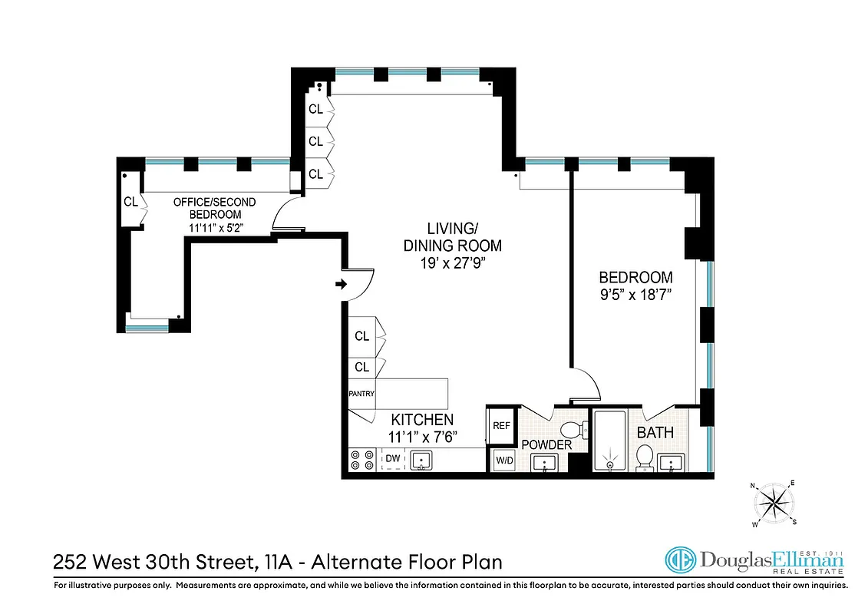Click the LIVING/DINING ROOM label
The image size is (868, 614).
click(x=453, y=237)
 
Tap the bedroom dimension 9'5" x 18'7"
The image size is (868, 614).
click(x=635, y=295)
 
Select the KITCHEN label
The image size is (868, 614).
click(x=422, y=420)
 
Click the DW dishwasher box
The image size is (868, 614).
click(x=393, y=460)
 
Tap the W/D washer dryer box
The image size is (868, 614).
click(x=504, y=460)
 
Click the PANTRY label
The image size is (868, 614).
click(x=361, y=394)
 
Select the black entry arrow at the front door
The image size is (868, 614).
click(x=341, y=286)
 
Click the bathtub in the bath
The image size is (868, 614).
click(x=611, y=441)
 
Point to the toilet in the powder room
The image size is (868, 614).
click(x=571, y=431)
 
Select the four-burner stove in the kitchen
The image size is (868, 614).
click(x=361, y=460)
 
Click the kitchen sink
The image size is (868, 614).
click(x=421, y=460)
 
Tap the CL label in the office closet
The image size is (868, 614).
click(x=130, y=202)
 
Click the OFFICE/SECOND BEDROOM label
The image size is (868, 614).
click(x=215, y=208)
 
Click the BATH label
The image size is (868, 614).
click(x=655, y=432)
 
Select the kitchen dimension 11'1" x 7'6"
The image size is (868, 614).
click(x=422, y=437)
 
